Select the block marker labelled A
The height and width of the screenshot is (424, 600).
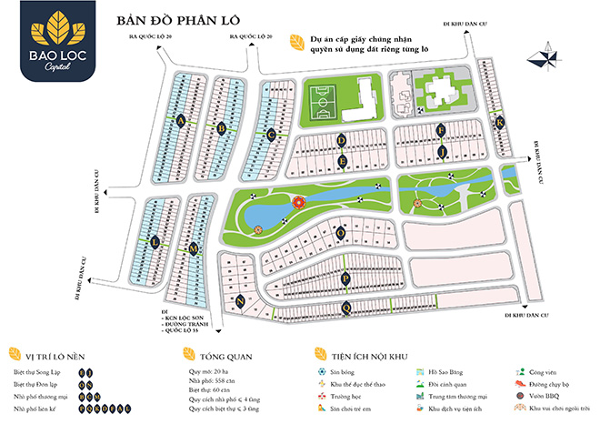point(182,119)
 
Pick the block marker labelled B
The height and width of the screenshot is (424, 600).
point(223,127)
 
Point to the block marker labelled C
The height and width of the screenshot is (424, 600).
point(271,135)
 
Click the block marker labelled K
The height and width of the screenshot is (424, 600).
point(499,123)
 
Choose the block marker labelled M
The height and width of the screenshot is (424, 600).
point(194,248)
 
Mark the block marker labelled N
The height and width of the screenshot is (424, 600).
point(240,299)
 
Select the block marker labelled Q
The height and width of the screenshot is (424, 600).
point(346,308)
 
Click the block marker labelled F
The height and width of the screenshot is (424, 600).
point(441,129)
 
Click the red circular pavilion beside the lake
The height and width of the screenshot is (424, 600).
point(300,203)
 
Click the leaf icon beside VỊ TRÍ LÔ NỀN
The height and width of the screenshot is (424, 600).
point(14,356)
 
